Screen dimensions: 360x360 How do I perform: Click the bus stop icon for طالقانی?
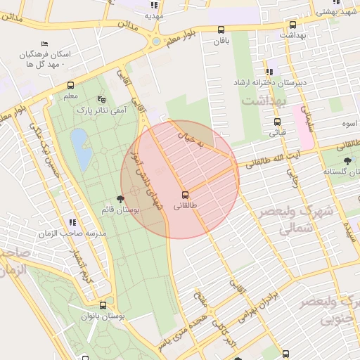tap(186, 194)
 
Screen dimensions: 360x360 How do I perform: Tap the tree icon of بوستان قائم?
tap(121, 199)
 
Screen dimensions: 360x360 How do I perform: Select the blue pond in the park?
tap(80, 149)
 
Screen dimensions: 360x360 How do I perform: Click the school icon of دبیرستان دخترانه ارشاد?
tap(269, 72)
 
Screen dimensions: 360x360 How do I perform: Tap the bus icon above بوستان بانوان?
tap(103, 306)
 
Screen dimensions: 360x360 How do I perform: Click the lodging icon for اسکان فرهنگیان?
tap(45, 44)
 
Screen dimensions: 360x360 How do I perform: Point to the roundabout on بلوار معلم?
tap(155, 41)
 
